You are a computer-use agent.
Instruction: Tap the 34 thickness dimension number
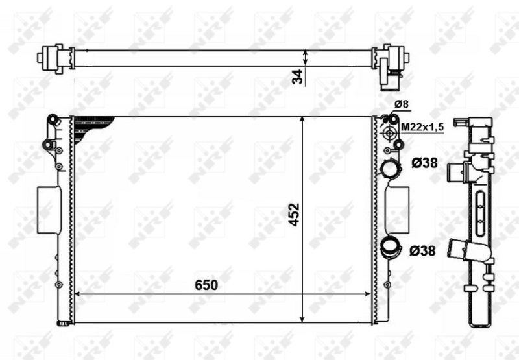(x=298, y=76)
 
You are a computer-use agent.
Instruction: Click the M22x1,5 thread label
(x=422, y=128)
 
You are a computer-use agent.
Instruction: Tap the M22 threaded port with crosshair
(x=390, y=133)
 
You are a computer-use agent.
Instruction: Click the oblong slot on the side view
(x=480, y=217)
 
